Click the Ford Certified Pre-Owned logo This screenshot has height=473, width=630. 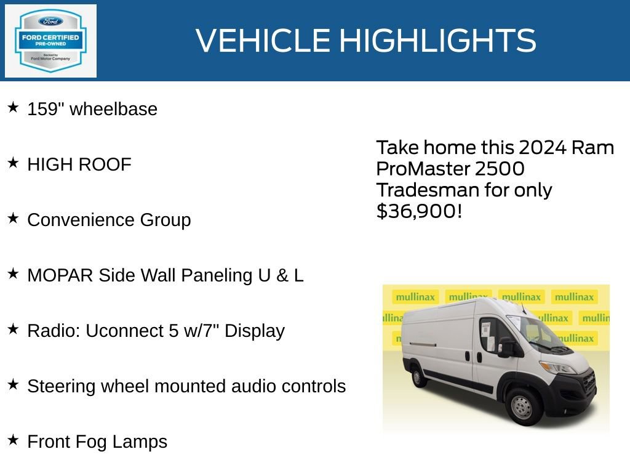(50, 41)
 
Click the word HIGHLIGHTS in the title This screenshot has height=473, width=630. (437, 41)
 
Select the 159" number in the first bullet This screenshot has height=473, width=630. (46, 109)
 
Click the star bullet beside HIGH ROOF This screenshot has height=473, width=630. (13, 163)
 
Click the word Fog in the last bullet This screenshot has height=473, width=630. (92, 442)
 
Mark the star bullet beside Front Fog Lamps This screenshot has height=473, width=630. (13, 440)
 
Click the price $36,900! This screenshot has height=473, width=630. (418, 211)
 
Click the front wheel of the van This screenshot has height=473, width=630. (522, 406)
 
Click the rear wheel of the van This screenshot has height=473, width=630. (420, 376)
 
